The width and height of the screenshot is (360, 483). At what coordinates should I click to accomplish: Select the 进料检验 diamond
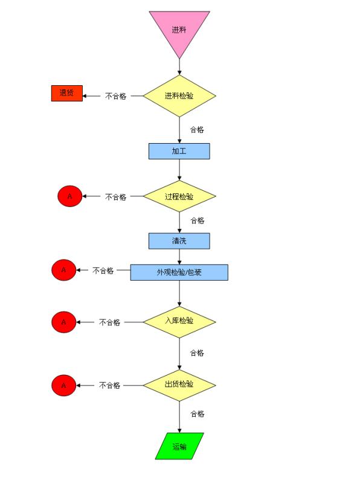point(179,96)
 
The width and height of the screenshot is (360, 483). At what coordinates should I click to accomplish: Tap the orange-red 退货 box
point(67,93)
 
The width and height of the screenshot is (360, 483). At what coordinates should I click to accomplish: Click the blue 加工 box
point(179,152)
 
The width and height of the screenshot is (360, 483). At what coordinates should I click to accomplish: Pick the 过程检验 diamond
point(179,196)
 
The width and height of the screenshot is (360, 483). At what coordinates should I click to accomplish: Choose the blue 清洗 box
point(179,241)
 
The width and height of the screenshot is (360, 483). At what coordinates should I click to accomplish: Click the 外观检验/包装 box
point(179,272)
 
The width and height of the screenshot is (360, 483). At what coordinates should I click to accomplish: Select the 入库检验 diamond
point(179,322)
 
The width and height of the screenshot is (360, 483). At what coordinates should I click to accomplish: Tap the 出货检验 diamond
point(179,385)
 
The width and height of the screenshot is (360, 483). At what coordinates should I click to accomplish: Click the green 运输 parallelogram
point(179,446)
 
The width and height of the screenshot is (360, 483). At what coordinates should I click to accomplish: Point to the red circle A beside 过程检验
point(70,196)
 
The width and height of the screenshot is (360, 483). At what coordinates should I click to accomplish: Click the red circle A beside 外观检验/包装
point(64,270)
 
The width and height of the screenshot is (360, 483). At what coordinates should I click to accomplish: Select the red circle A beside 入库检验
point(64,322)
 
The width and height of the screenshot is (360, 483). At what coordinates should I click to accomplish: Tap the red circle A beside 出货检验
point(64,385)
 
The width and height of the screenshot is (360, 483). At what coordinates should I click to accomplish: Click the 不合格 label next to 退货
point(115,96)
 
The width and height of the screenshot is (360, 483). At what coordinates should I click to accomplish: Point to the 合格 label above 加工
point(197,129)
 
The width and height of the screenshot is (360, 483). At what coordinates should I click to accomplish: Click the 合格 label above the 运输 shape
point(198,414)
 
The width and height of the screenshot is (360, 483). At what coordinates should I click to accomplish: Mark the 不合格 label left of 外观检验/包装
point(103,270)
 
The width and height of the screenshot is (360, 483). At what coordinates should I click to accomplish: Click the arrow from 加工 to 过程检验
point(179,170)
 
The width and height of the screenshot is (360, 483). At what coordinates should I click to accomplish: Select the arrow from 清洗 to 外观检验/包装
point(179,257)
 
